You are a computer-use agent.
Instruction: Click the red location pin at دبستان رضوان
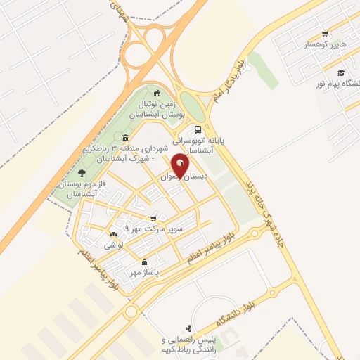[181, 166]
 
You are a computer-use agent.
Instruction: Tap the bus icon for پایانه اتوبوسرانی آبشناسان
[198, 129]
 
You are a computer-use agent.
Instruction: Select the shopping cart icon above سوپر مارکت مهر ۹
[154, 218]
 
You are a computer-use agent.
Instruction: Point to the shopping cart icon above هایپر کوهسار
[324, 33]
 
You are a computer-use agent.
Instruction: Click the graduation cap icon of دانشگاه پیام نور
[340, 72]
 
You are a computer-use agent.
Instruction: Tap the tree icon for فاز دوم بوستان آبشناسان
[82, 173]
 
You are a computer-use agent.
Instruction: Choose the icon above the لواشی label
[112, 234]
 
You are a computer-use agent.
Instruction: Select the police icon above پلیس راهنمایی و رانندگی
[188, 328]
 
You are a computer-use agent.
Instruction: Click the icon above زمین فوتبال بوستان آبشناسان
[156, 93]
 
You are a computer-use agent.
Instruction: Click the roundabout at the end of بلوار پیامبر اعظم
[131, 311]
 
